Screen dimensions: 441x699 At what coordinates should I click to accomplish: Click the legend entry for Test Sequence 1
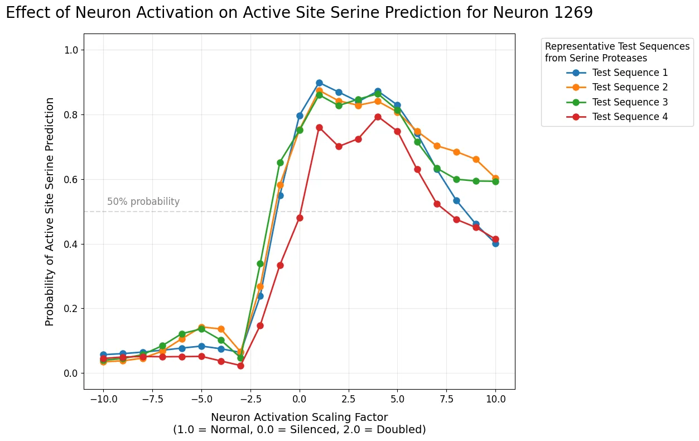point(630,73)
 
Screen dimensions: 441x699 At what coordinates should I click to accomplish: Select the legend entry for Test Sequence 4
point(630,117)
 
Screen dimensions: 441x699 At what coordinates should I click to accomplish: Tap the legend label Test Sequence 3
point(630,102)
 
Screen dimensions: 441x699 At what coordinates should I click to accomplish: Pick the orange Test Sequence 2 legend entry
point(630,87)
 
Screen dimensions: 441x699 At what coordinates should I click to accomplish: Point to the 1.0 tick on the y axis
point(71,50)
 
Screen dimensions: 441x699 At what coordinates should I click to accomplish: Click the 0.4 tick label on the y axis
point(71,244)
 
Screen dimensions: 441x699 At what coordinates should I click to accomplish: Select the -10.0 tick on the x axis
point(104,399)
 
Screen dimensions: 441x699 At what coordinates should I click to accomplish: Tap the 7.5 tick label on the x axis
point(447,399)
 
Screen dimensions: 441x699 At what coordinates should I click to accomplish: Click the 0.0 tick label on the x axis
point(300,399)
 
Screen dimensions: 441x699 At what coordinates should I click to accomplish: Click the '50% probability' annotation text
point(143,202)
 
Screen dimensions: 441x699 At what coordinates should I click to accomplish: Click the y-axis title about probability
point(50,212)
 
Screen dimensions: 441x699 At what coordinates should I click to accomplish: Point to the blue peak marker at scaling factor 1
point(319,83)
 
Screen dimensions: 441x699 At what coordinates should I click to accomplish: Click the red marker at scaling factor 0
point(300,218)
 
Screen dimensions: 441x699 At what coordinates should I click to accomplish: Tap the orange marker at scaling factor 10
point(495,178)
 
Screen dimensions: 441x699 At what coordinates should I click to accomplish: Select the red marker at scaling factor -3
point(240,366)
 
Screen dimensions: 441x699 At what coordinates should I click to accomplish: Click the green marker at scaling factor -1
point(280,162)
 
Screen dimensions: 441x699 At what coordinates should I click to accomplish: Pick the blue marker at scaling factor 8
point(456,200)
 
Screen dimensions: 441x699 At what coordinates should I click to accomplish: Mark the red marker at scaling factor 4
point(378,117)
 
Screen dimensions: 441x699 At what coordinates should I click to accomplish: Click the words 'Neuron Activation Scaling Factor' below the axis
point(299,417)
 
